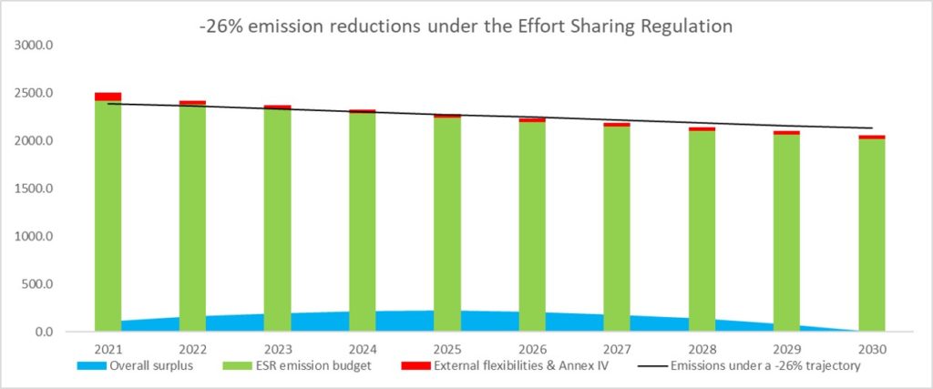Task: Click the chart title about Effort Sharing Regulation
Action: pyautogui.click(x=466, y=26)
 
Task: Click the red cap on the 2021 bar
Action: pyautogui.click(x=108, y=96)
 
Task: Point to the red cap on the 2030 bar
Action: pyautogui.click(x=871, y=137)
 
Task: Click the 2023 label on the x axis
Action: pyautogui.click(x=277, y=350)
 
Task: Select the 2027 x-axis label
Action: pyautogui.click(x=616, y=350)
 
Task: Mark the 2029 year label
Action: pyautogui.click(x=786, y=350)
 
